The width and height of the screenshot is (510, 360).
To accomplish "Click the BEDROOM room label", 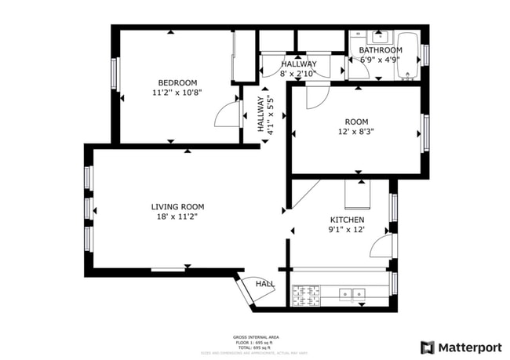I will point(177,82).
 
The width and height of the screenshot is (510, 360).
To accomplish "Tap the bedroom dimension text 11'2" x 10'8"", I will point(177,93).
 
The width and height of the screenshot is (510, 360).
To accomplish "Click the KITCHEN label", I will point(346,220).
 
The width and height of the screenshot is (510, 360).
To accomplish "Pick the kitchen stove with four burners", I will point(307,295).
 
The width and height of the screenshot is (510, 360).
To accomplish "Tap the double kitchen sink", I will point(352,295).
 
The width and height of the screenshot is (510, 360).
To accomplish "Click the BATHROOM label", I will point(381,50).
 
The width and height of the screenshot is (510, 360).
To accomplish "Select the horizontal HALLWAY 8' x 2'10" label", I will point(299,69).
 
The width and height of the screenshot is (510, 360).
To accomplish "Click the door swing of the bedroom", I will point(228,115).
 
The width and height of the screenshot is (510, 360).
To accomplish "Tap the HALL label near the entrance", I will point(264,284).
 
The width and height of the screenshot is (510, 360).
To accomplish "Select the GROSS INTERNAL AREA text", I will point(256,336).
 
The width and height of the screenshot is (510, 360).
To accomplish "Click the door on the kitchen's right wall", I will point(382,246).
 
